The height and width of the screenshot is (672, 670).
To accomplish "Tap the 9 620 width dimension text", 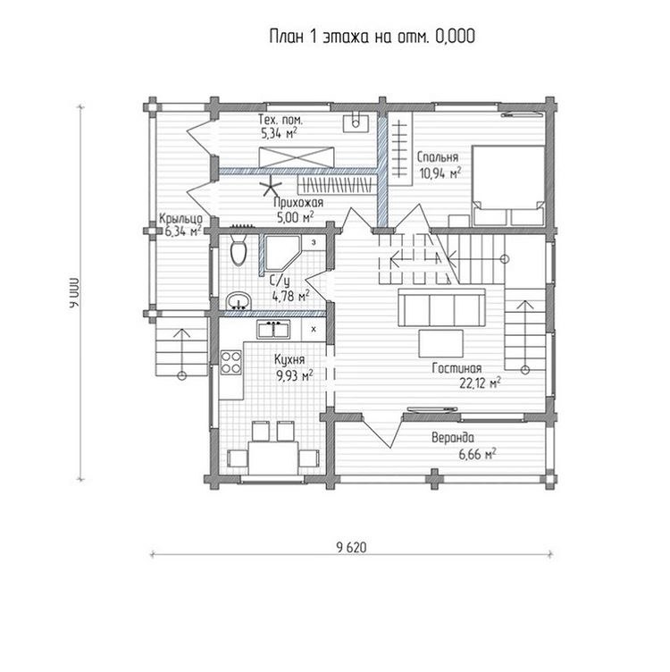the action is pos(351,547).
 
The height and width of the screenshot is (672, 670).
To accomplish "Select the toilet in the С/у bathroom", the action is pos(239,249).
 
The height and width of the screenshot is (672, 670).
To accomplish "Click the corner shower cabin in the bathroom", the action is pos(283,255).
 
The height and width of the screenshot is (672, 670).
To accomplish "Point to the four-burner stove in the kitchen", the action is pos(230,363).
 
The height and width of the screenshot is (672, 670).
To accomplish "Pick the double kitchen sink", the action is pos(273,330).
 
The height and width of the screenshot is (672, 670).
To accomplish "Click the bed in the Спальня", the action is pos(508,186).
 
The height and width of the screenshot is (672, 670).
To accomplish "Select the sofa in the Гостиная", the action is pos(441,307).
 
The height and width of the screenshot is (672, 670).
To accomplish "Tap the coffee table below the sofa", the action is pos(441,343).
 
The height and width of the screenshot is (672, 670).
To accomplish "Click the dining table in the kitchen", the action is pos(273,458).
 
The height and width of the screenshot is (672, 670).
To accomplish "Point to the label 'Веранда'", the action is pos(453,438).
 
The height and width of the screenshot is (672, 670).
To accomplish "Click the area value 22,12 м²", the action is pos(480,382).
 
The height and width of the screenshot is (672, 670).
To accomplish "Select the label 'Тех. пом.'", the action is pos(281,119).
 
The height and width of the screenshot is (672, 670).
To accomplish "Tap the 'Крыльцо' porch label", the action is pos(180,219).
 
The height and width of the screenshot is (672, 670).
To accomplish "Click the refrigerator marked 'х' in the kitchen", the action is pos(314,330).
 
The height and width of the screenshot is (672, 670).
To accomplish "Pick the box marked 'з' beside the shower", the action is pos(314,242).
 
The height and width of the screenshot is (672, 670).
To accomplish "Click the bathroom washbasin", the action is pos(239,301).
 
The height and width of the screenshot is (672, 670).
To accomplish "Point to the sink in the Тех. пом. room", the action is pos(356,123).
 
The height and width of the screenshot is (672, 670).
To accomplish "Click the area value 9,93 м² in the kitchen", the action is pos(295,376).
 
